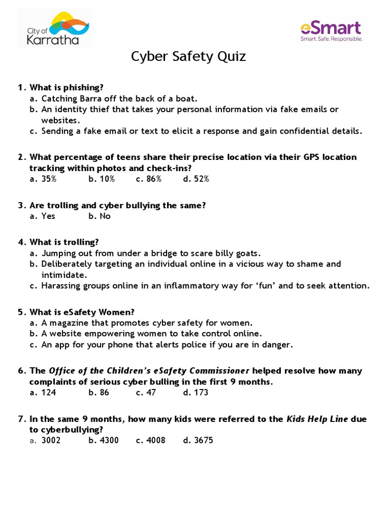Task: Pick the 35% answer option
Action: (49, 179)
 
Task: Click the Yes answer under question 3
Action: (48, 216)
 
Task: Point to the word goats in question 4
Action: (248, 253)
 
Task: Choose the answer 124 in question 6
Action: (49, 393)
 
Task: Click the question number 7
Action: (21, 419)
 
